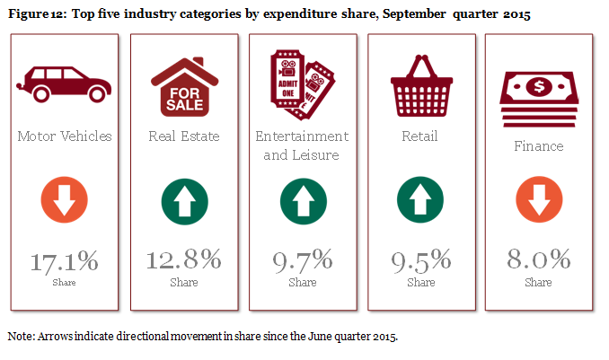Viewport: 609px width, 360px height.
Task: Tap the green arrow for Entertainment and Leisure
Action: (302, 200)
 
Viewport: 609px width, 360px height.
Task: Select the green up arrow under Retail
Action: (420, 200)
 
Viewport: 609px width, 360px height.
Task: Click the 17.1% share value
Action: (65, 262)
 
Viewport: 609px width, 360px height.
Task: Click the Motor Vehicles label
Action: (65, 136)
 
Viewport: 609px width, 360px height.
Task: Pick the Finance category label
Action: (538, 145)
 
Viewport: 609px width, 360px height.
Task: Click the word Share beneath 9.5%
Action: (420, 282)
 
